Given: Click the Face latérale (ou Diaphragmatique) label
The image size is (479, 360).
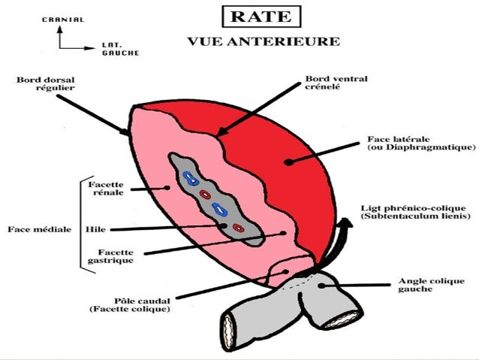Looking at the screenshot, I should point(415,143).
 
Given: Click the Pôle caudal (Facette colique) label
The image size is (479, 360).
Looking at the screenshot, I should point(128,304).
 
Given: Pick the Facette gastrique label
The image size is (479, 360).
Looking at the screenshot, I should point(110,256).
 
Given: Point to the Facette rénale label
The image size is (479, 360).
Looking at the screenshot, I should point(106,188).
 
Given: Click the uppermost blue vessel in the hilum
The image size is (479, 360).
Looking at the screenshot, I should point(188,179).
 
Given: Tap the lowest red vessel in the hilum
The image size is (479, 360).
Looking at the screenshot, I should point(238,226).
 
